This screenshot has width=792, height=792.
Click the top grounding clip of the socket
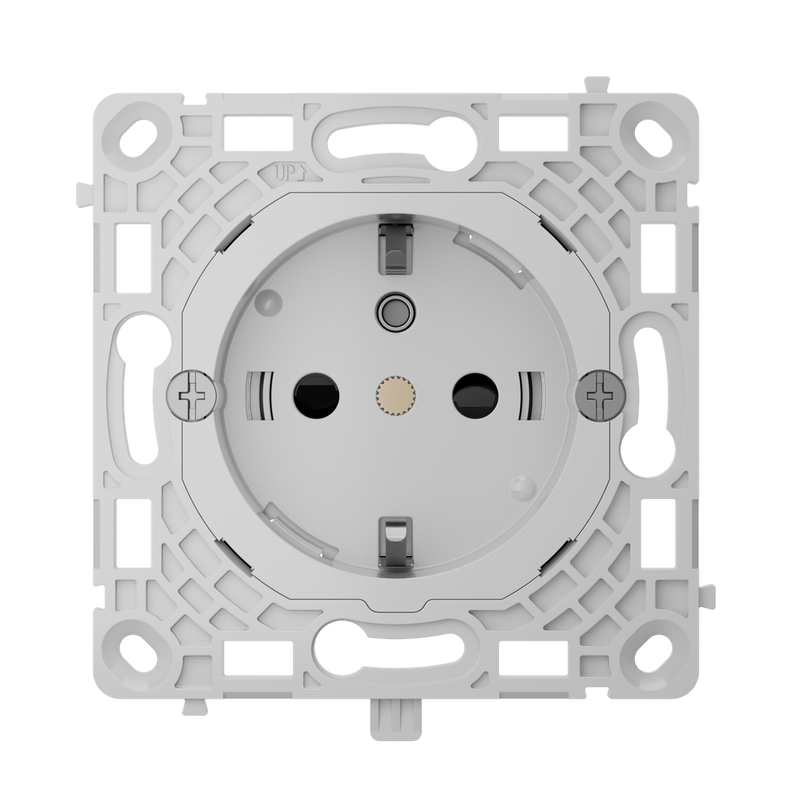pyautogui.click(x=394, y=247)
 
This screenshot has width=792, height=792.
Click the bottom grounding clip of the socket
pyautogui.click(x=394, y=541)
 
